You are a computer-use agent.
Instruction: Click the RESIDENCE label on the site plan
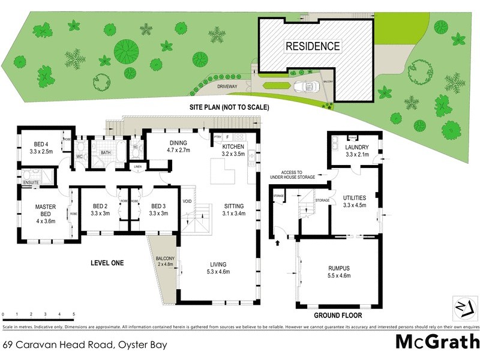point(312,46)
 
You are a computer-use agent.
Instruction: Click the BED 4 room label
point(40,144)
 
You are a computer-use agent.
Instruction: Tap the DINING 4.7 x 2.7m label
point(178,146)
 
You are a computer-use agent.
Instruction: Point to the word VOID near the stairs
point(187,201)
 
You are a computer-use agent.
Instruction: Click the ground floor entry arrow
point(278,243)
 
